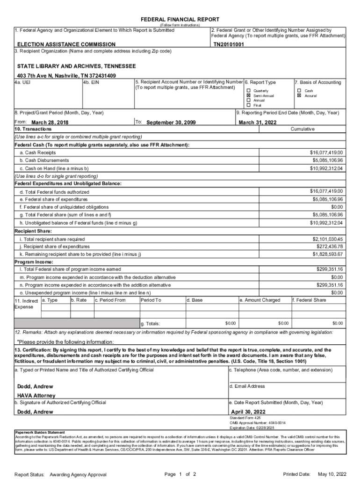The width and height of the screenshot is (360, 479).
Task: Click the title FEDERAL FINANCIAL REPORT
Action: coord(180,19)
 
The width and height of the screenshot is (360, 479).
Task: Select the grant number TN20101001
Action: coord(229,45)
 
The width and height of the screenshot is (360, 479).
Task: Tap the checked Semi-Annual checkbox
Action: coord(249,95)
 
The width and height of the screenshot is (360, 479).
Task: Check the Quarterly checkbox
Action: coord(249,90)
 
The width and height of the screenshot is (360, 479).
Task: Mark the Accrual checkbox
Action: coord(299,95)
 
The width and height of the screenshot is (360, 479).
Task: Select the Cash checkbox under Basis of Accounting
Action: coord(299,90)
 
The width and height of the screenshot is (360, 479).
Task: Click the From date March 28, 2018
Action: coord(50,123)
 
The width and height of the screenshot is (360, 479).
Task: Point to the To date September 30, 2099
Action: coord(171,123)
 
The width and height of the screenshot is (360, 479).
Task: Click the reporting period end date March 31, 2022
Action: coord(258,123)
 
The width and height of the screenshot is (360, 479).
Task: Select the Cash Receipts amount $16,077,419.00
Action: coord(326,152)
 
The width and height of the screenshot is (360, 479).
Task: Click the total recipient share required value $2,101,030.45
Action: coord(327,239)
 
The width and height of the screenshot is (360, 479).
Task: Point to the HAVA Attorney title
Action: coord(36,395)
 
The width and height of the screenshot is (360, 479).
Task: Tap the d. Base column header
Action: coord(194,300)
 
